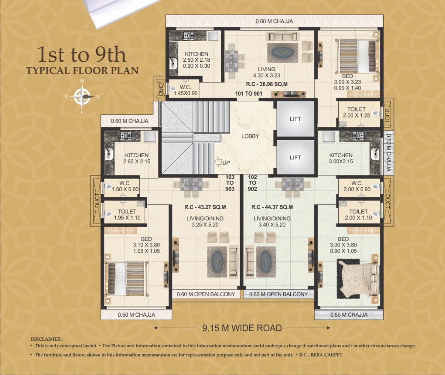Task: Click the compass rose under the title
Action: (x=82, y=96)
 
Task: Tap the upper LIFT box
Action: (x=295, y=119)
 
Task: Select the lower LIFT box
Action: (x=295, y=157)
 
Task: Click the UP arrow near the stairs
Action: (x=217, y=162)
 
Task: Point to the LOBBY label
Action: (x=250, y=136)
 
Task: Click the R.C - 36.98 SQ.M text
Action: (x=267, y=84)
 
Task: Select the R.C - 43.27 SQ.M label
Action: (x=205, y=207)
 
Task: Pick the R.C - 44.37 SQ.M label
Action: (x=272, y=207)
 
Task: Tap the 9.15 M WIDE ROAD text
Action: (x=242, y=328)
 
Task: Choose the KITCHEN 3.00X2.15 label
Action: (x=341, y=158)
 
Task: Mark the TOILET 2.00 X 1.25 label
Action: (x=356, y=112)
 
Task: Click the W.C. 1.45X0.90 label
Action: (x=186, y=90)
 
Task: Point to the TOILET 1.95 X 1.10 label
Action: (x=127, y=215)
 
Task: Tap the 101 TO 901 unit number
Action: (x=249, y=93)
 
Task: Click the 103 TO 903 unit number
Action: (x=230, y=183)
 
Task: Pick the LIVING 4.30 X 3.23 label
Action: (x=267, y=72)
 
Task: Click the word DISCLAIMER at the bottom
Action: (x=45, y=339)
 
